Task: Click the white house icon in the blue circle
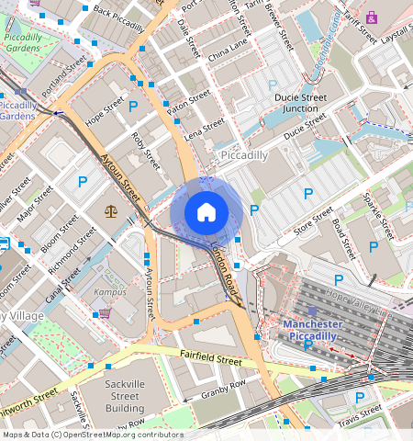tap(206, 212)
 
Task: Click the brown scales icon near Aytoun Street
tap(111, 210)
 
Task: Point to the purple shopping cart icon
tap(104, 312)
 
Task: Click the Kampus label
tap(108, 291)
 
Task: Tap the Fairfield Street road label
tap(211, 356)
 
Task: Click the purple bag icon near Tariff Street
tap(371, 17)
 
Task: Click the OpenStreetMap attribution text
tap(92, 435)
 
